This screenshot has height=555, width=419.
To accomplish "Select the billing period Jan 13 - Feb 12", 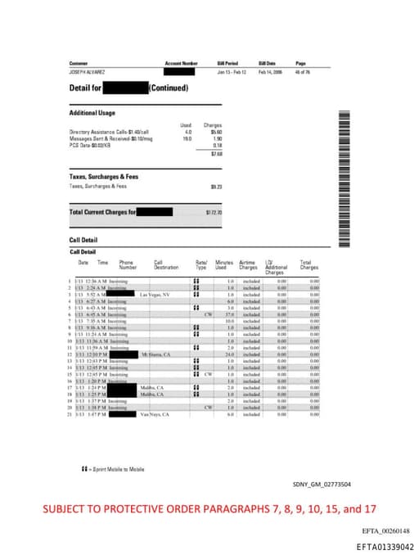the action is click(x=232, y=72).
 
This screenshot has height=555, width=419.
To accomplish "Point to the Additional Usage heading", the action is click(x=92, y=113).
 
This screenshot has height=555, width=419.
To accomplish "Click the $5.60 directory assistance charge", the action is click(x=216, y=132).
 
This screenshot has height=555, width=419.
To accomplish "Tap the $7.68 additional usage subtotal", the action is click(x=216, y=153).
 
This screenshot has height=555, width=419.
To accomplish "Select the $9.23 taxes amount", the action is click(x=217, y=187).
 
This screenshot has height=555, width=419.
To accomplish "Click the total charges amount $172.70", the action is click(x=214, y=213).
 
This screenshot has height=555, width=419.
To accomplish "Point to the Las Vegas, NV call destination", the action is click(x=155, y=294).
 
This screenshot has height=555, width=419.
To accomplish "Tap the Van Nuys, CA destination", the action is click(x=154, y=415).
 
